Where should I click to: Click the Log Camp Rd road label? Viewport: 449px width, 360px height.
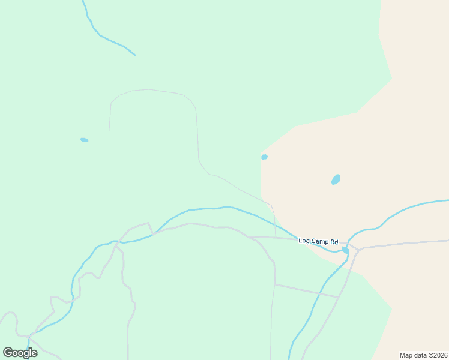pos(318,241)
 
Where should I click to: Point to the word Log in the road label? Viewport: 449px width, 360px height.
pos(304,241)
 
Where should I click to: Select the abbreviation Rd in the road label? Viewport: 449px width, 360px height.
pos(334,241)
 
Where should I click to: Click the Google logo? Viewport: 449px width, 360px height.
pos(20,353)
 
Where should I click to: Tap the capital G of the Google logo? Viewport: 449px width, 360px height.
pos(8,352)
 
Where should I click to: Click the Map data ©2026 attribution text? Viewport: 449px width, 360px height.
pos(423,355)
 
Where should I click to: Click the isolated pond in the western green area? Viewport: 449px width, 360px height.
pos(85,140)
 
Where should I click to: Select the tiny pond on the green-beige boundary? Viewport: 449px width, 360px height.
pos(264,157)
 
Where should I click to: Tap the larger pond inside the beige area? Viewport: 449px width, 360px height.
pos(336,179)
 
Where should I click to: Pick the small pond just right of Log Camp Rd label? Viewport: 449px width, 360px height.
pos(345,250)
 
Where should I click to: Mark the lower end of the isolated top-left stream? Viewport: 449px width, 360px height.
pos(135,55)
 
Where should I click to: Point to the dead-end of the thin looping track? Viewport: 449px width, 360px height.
pos(109,131)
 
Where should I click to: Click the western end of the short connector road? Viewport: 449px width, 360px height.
pos(275,284)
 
